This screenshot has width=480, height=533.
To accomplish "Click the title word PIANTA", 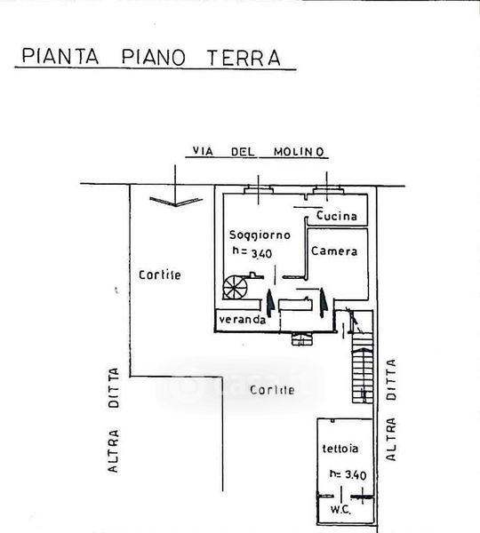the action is click(x=60, y=57).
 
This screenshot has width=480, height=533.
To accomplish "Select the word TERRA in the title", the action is click(x=244, y=58).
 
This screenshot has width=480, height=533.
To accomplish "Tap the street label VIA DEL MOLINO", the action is click(x=258, y=152).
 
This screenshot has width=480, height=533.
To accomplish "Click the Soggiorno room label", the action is click(x=260, y=235).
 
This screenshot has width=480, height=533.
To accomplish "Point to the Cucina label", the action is click(x=336, y=216).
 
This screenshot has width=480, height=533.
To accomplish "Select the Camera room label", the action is click(x=334, y=251).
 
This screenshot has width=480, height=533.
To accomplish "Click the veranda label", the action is click(x=242, y=320).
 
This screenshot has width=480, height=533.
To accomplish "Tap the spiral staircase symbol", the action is click(x=235, y=287).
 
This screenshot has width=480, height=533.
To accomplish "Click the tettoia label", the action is click(x=340, y=449).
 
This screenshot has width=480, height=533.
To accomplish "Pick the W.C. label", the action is click(x=340, y=510).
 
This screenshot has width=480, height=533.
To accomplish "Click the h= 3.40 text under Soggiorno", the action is click(x=252, y=252).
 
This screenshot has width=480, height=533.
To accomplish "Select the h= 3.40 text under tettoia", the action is click(x=348, y=474).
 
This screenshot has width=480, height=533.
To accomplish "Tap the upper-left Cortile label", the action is click(x=159, y=274).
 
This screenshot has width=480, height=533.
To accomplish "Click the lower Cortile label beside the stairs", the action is click(x=272, y=390).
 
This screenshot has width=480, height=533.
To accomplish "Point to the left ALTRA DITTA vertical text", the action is click(x=113, y=420).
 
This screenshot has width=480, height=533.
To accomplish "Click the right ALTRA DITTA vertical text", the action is click(x=391, y=410).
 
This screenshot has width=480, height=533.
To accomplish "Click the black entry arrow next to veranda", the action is click(x=270, y=303).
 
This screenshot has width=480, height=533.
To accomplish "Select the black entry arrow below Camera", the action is click(x=323, y=303).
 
